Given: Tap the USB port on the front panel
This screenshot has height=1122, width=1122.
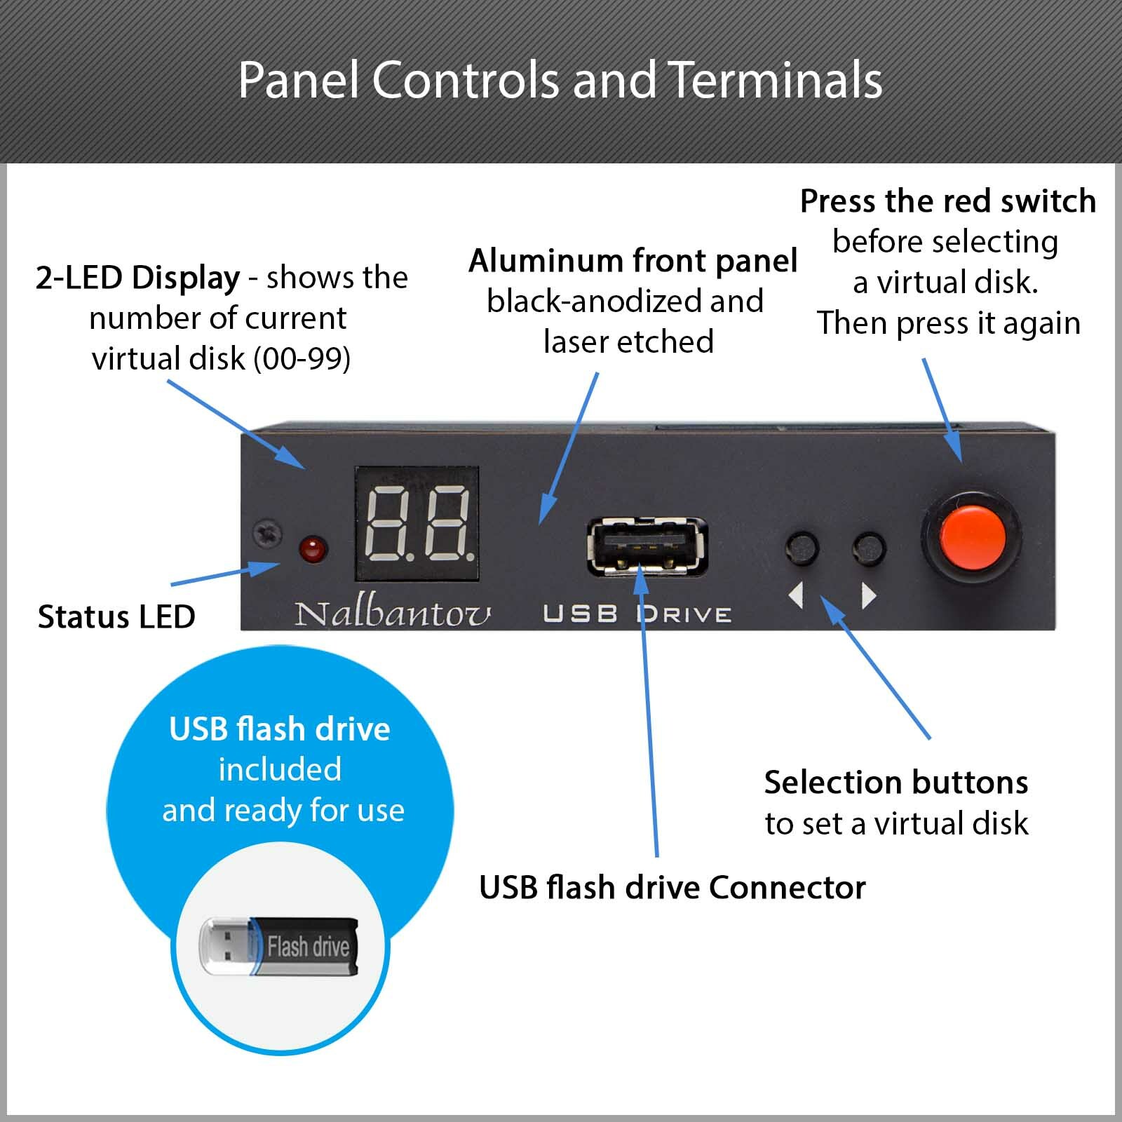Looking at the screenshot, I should pyautogui.click(x=647, y=546).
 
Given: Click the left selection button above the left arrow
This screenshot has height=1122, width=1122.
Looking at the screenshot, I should pyautogui.click(x=802, y=548).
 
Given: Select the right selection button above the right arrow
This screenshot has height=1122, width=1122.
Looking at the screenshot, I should pyautogui.click(x=869, y=548).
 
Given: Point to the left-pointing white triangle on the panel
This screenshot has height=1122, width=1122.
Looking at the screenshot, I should pyautogui.click(x=796, y=596).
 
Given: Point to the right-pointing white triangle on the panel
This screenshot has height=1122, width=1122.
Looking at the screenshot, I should pyautogui.click(x=870, y=596).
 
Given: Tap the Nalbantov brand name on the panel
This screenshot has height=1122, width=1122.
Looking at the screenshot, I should pyautogui.click(x=393, y=614).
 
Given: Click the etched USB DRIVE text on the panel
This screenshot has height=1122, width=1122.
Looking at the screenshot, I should pyautogui.click(x=637, y=615).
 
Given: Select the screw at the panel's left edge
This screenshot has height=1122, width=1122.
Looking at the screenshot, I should pyautogui.click(x=267, y=534).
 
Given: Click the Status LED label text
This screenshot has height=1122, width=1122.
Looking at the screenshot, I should pyautogui.click(x=116, y=617).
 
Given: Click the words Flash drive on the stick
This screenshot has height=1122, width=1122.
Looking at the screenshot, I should pyautogui.click(x=308, y=947).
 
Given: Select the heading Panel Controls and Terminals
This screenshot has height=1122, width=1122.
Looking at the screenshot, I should pyautogui.click(x=560, y=80).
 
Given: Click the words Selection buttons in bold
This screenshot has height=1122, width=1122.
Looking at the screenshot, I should pyautogui.click(x=895, y=783).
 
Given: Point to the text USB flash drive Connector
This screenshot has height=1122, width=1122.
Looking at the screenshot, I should pyautogui.click(x=672, y=888).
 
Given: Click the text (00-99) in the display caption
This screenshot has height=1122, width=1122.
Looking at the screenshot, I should pyautogui.click(x=302, y=359).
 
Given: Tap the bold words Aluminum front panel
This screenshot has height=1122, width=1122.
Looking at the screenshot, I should pyautogui.click(x=633, y=261).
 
